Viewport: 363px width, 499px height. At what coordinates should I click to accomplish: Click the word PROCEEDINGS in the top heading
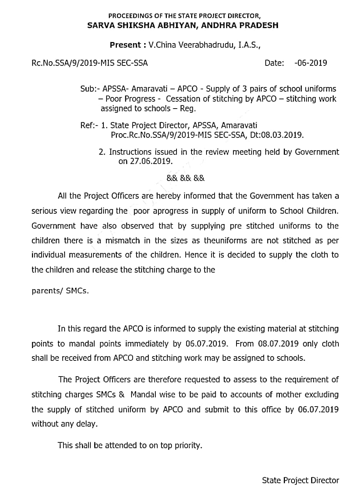point(127,16)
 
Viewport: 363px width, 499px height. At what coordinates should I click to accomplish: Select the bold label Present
point(125,45)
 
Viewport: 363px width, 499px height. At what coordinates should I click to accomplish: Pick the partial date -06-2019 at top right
point(310,63)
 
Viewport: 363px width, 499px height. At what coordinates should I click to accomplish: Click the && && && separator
point(186,178)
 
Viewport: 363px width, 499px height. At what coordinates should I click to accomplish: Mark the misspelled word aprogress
point(170,211)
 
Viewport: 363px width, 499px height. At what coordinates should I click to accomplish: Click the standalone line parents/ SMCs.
point(60,291)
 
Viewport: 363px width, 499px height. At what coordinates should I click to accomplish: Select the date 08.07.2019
point(276,343)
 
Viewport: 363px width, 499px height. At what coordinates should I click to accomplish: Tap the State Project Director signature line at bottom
point(300,480)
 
